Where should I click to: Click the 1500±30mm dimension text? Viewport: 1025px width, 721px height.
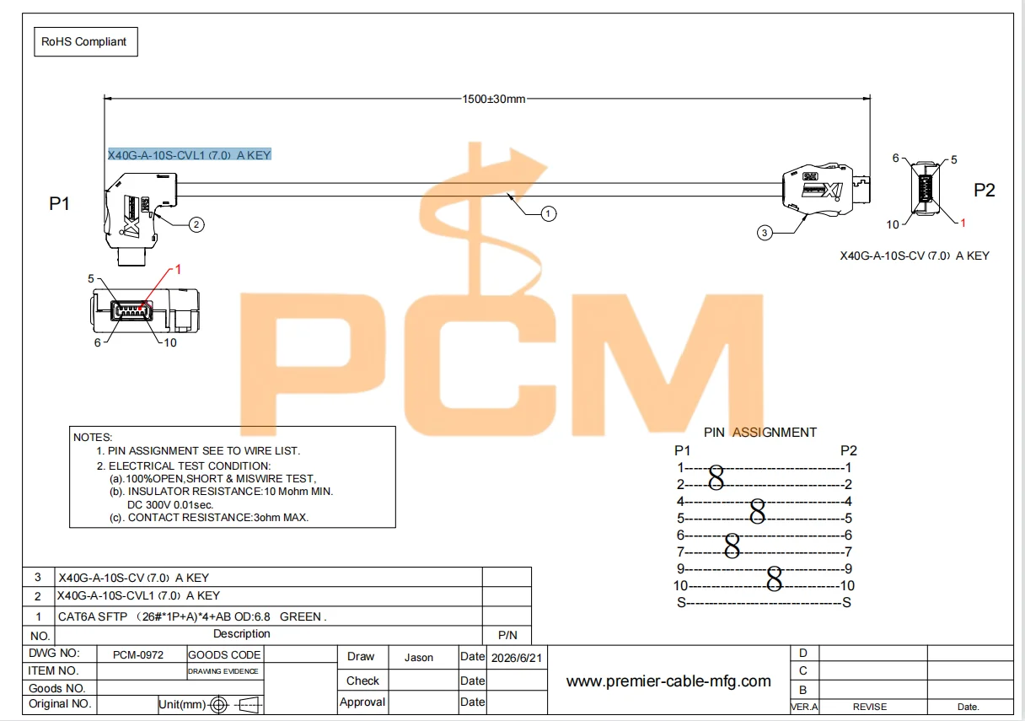[x=493, y=99]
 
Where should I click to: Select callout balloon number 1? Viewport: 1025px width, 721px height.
[x=548, y=213]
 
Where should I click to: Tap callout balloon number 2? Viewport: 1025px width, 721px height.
[x=196, y=224]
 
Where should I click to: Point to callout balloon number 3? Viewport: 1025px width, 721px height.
[x=765, y=233]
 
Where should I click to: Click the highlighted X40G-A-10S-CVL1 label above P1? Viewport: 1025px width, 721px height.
[x=190, y=154]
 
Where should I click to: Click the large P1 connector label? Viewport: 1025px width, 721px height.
[x=59, y=203]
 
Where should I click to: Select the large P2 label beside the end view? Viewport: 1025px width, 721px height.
[x=985, y=190]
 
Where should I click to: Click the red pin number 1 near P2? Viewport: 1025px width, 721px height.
[x=963, y=223]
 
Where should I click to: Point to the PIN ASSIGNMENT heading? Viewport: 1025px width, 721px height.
[x=760, y=432]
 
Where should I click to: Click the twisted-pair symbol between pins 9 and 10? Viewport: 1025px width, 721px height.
[x=775, y=578]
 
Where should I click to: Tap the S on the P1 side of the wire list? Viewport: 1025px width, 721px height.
[x=681, y=602]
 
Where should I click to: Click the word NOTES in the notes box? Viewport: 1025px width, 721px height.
[x=93, y=437]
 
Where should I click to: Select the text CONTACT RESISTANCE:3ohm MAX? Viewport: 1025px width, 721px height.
[x=218, y=517]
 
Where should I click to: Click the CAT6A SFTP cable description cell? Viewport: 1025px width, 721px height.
[x=192, y=616]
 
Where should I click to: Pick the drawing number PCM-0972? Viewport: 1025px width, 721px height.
[x=138, y=654]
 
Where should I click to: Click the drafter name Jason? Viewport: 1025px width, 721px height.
[x=419, y=658]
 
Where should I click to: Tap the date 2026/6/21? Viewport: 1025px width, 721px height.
[x=517, y=658]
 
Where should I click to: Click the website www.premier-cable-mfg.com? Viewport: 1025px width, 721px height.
[x=668, y=681]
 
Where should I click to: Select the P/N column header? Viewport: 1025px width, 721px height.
[x=507, y=635]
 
